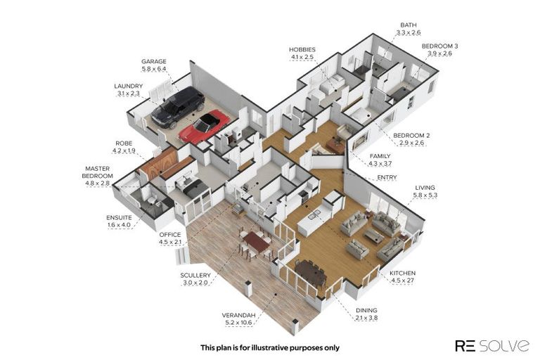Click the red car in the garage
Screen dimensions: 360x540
[204, 127]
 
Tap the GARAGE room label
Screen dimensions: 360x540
[153, 61]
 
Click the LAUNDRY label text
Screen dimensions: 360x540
[129, 86]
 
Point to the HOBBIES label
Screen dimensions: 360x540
[302, 50]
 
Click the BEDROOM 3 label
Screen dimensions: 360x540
[437, 46]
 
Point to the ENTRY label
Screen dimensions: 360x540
[387, 177]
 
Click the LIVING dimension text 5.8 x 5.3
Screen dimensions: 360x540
[425, 195]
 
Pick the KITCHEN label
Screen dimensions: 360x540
[403, 273]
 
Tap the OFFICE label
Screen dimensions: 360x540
[170, 234]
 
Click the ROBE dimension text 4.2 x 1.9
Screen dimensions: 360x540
[124, 150]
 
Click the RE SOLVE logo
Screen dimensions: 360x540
[491, 345]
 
